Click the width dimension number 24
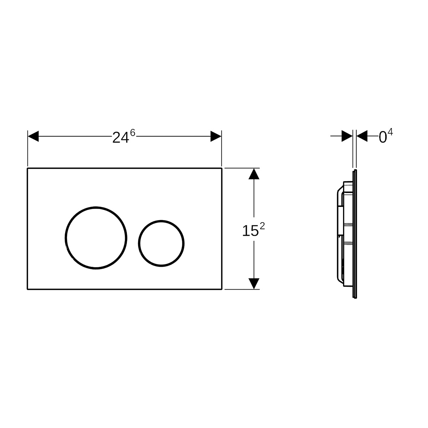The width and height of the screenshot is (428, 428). (x=121, y=138)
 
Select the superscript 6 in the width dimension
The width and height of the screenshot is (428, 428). (x=133, y=133)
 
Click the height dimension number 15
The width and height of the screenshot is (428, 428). (x=250, y=231)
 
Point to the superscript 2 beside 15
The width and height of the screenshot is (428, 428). (x=262, y=226)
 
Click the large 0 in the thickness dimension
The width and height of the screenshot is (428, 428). (x=383, y=137)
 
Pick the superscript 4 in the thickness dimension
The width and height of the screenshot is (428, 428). (x=390, y=132)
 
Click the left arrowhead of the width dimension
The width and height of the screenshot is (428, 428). (x=33, y=136)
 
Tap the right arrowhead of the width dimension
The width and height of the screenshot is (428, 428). (x=216, y=136)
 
